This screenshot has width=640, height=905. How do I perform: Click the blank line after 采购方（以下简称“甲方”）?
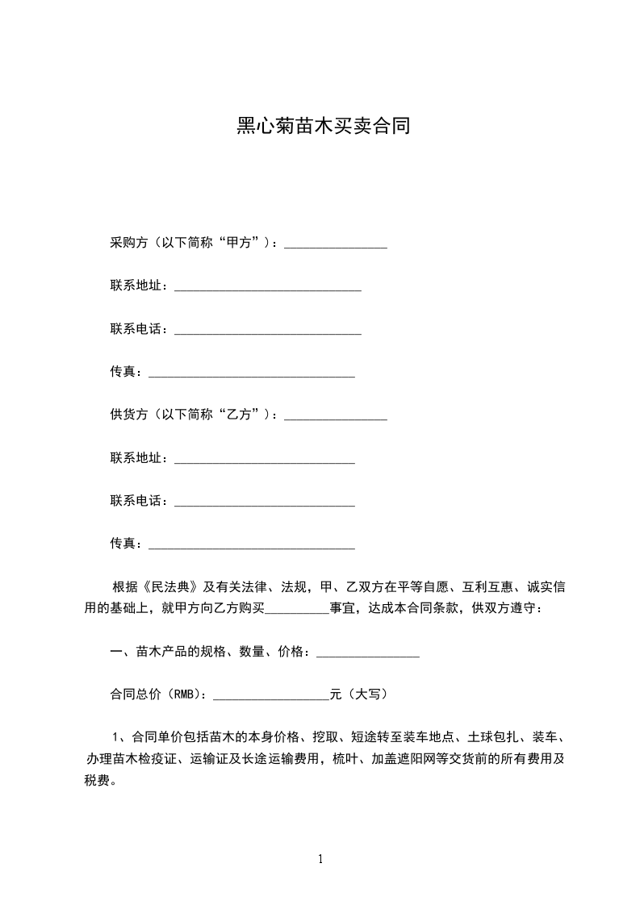click(336, 244)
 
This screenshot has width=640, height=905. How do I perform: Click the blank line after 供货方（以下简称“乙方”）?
click(336, 416)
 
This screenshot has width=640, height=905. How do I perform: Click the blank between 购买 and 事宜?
click(296, 610)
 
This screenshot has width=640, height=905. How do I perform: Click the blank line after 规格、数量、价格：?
click(368, 653)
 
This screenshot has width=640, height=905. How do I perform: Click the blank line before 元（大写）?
click(270, 695)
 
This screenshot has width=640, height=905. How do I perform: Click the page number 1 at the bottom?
click(320, 859)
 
